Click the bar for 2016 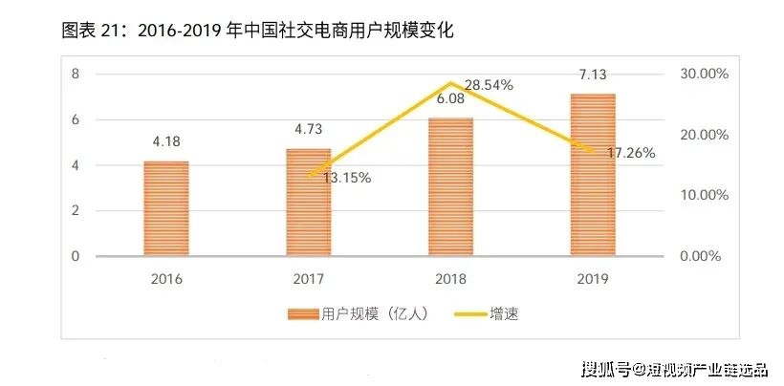(166, 208)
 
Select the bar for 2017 (309, 203)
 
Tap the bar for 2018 (450, 187)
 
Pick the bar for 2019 (593, 175)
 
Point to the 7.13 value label (593, 75)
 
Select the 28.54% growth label (488, 85)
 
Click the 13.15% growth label (346, 178)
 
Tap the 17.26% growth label (630, 153)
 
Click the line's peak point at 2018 (450, 83)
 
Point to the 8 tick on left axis (74, 74)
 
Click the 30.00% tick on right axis (703, 74)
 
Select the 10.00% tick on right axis (703, 195)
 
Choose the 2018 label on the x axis (450, 279)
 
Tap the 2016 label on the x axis (166, 279)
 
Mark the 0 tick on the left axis (74, 256)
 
